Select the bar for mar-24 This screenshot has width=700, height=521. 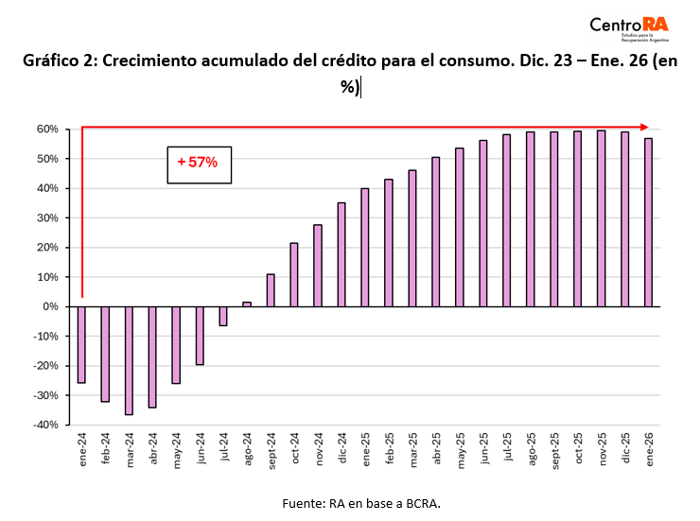click(x=129, y=360)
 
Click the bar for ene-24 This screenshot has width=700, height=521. click(x=81, y=345)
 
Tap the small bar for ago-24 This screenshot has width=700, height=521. click(x=247, y=304)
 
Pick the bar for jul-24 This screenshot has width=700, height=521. click(x=223, y=316)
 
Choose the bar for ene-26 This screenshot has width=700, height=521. click(x=648, y=222)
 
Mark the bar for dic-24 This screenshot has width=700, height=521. click(x=341, y=254)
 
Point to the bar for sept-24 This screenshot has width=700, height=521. click(x=271, y=290)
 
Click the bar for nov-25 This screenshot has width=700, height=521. click(x=601, y=218)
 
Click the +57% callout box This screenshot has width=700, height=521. click(x=199, y=165)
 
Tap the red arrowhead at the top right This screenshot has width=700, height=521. click(x=644, y=127)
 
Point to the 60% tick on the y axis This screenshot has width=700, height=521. click(x=67, y=130)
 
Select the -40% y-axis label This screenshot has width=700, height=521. click(x=45, y=425)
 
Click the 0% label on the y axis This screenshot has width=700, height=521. click(x=50, y=306)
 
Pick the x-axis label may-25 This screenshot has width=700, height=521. click(x=461, y=450)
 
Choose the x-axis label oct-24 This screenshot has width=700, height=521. click(x=295, y=448)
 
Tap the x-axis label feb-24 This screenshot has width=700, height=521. click(x=105, y=449)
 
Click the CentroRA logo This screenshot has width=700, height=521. click(x=629, y=28)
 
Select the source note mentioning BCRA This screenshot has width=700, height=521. click(x=361, y=504)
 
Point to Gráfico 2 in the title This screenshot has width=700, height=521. click(x=60, y=61)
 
